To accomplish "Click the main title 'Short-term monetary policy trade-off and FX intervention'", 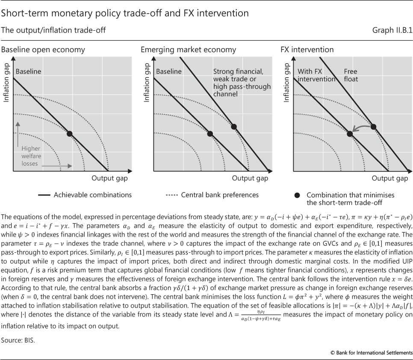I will pyautogui.click(x=125, y=13).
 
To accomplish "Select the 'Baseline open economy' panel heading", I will pyautogui.click(x=43, y=50).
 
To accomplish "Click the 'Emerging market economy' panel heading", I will pyautogui.click(x=188, y=50).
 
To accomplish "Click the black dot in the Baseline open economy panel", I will pyautogui.click(x=70, y=134).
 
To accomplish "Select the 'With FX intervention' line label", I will pyautogui.click(x=316, y=75).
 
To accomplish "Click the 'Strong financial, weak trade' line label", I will pyautogui.click(x=242, y=82).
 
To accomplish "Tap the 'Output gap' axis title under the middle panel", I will pyautogui.click(x=250, y=178).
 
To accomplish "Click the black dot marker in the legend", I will pyautogui.click(x=297, y=195).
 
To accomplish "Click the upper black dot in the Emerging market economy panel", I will pyautogui.click(x=233, y=126).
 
